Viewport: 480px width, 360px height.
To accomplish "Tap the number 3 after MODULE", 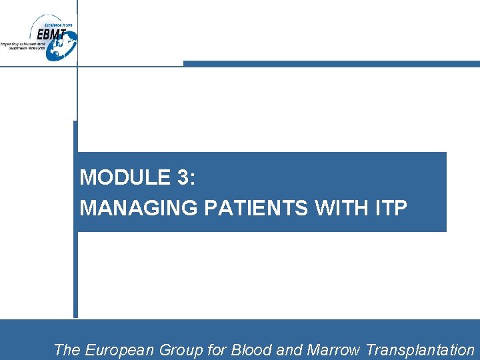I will point(184,177).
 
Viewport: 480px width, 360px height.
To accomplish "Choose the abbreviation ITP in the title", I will point(389,208).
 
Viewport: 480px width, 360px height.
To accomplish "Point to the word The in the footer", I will point(66,350).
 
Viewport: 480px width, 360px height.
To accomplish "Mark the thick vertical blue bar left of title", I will point(75,267).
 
